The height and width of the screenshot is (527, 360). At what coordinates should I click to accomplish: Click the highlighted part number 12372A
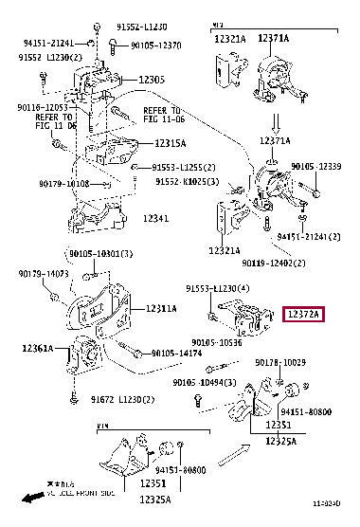pyautogui.click(x=303, y=339)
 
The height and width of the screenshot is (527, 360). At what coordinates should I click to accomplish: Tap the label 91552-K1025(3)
pyautogui.click(x=187, y=181)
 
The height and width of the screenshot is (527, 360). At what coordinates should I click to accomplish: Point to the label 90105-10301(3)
pyautogui.click(x=99, y=253)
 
